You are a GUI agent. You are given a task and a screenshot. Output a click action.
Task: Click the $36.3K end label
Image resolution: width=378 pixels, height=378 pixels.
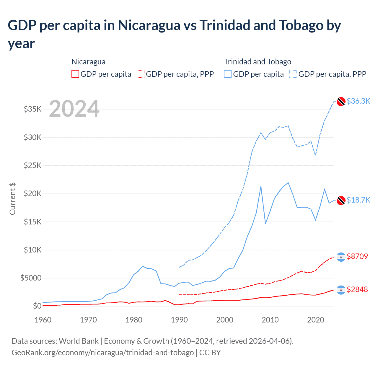pyautogui.click(x=358, y=101)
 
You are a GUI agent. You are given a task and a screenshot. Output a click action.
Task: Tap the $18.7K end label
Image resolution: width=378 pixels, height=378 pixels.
pyautogui.click(x=358, y=200)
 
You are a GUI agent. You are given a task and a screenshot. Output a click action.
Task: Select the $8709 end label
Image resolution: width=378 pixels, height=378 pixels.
pyautogui.click(x=357, y=256)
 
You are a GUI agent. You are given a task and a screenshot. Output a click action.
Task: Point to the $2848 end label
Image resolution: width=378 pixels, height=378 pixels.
pyautogui.click(x=357, y=289)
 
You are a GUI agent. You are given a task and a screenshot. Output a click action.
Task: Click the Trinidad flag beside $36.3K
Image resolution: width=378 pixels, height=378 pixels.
pyautogui.click(x=341, y=101)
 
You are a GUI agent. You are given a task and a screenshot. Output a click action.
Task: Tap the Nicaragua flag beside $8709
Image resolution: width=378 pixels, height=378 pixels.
pyautogui.click(x=341, y=257)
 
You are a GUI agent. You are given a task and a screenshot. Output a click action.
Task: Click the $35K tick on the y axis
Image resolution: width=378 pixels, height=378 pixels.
pyautogui.click(x=33, y=109)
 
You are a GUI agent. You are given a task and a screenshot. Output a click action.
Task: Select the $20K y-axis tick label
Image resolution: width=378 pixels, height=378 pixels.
pyautogui.click(x=33, y=194)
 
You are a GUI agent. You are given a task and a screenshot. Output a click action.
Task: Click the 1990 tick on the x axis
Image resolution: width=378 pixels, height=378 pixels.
pyautogui.click(x=179, y=320)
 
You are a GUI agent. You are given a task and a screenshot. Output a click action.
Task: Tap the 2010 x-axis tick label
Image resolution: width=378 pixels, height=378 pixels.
pyautogui.click(x=270, y=320)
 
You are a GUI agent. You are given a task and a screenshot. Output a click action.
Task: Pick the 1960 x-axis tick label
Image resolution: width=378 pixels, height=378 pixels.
pyautogui.click(x=43, y=320)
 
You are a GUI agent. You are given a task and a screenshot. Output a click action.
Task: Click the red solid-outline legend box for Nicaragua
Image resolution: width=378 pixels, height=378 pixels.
pyautogui.click(x=75, y=74)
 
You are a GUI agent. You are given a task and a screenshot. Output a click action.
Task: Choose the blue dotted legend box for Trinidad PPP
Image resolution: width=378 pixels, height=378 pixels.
pyautogui.click(x=293, y=74)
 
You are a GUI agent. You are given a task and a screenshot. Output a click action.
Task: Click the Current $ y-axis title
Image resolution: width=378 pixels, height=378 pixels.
pyautogui.click(x=12, y=198)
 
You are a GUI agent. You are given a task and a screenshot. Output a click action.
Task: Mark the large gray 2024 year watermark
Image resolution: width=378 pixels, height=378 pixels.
pyautogui.click(x=74, y=109)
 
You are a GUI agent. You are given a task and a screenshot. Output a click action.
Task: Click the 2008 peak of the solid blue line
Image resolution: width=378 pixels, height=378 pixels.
pyautogui.click(x=261, y=186)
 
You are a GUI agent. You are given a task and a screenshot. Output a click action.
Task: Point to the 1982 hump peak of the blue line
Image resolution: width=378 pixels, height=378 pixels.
pyautogui.click(x=143, y=266)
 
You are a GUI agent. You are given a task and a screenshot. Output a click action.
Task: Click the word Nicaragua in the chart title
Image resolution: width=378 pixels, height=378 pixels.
pyautogui.click(x=149, y=25)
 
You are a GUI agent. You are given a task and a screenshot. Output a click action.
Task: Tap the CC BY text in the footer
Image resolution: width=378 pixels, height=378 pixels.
pyautogui.click(x=210, y=353)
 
